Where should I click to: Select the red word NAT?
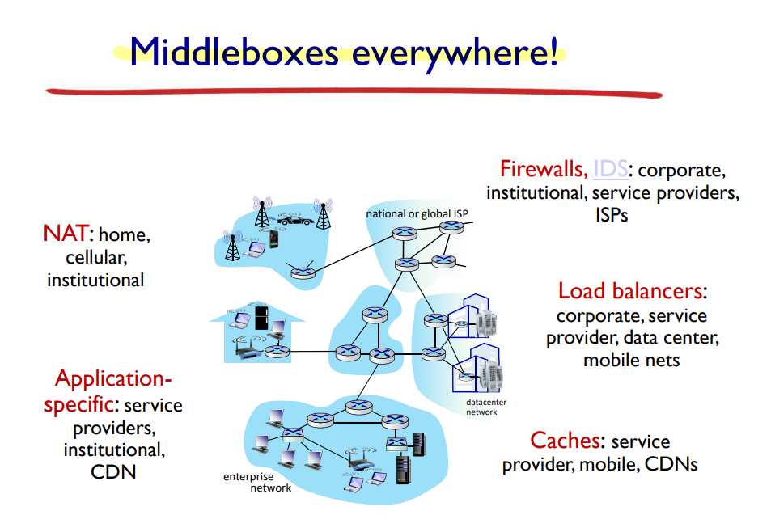click(66, 235)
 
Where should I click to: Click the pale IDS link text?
click(609, 170)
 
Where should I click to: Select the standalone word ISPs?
click(612, 216)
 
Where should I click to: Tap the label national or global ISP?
click(417, 214)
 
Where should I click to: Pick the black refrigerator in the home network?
click(261, 317)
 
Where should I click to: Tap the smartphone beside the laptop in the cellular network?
click(275, 240)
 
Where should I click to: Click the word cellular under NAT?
click(96, 258)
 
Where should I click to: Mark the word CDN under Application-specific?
click(113, 471)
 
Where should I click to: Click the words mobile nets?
click(631, 360)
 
